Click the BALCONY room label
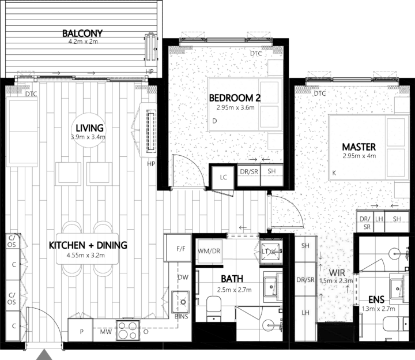pos(82,32)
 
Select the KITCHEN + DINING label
pos(88,245)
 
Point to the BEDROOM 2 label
pos(235,97)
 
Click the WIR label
pos(337,271)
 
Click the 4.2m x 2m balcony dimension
pos(82,42)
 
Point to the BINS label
pos(180,317)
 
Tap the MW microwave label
pos(106,332)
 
